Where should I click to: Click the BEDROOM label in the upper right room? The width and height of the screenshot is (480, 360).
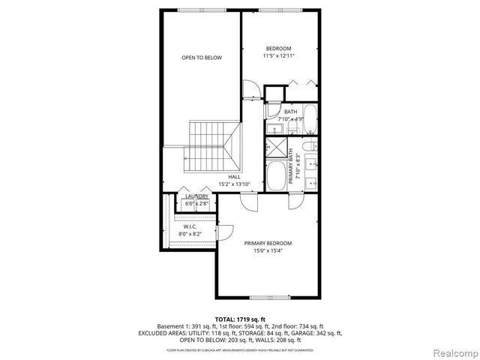[x=278, y=47]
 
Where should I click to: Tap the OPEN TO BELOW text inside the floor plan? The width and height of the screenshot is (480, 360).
[x=202, y=58]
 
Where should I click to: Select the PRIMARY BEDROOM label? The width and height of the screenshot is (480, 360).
[x=268, y=243]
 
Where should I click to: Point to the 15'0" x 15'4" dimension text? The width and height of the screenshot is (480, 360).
[x=268, y=251]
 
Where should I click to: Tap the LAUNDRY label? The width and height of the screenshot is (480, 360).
[x=197, y=196]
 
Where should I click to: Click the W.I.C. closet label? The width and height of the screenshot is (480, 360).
[x=190, y=226]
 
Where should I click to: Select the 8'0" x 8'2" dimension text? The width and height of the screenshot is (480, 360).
[x=190, y=234]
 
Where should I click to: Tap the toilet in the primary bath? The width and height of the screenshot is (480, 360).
[x=311, y=146]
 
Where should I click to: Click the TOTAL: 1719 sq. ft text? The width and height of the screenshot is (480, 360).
[x=239, y=319]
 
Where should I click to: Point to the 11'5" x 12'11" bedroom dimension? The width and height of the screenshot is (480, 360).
[x=278, y=55]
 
